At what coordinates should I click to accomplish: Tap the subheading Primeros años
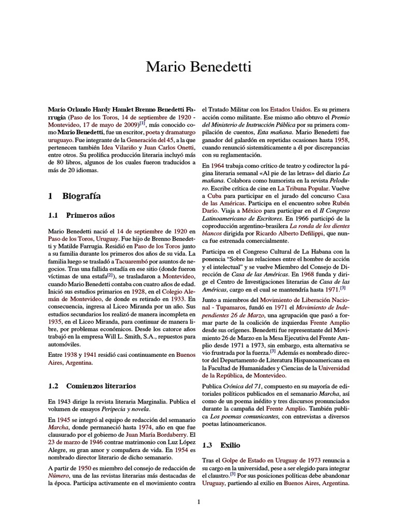coord(90,215)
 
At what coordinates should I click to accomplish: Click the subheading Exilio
coord(230,445)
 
